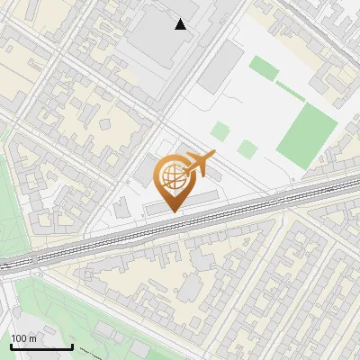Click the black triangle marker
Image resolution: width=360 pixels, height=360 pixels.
click(181, 24)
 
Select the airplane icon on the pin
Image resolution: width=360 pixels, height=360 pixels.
click(199, 164)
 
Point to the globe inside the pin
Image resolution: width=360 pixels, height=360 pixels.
click(172, 174)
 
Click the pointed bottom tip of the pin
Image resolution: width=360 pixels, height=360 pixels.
click(173, 211)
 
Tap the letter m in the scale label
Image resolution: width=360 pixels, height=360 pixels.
click(32, 338)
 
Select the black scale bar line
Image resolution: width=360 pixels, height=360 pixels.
click(40, 346)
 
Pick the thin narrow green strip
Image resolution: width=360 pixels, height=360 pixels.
click(290, 91)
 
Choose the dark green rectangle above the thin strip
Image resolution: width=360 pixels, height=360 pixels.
click(263, 68)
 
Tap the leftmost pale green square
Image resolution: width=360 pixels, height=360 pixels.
click(220, 131)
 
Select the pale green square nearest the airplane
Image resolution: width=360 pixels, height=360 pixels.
click(247, 149)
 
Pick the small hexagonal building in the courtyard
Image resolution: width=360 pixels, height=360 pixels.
click(190, 288)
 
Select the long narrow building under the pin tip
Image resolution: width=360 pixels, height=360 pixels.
click(180, 202)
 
